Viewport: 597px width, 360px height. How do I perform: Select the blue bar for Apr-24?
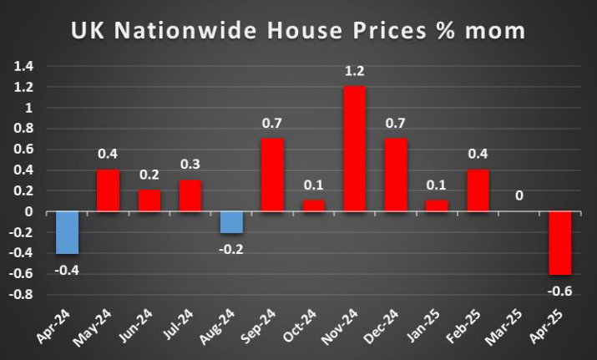tap(67, 232)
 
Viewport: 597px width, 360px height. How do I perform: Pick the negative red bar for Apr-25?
tap(560, 242)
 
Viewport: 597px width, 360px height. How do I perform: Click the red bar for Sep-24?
tap(272, 175)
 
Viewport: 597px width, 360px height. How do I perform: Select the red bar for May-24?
tap(108, 190)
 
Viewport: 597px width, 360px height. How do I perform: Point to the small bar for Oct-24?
tap(313, 205)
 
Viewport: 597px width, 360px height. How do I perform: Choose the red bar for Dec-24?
tap(396, 175)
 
